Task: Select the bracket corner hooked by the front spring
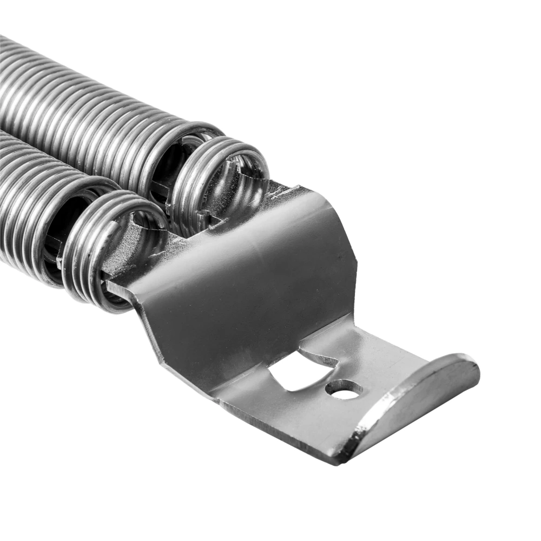116,287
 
